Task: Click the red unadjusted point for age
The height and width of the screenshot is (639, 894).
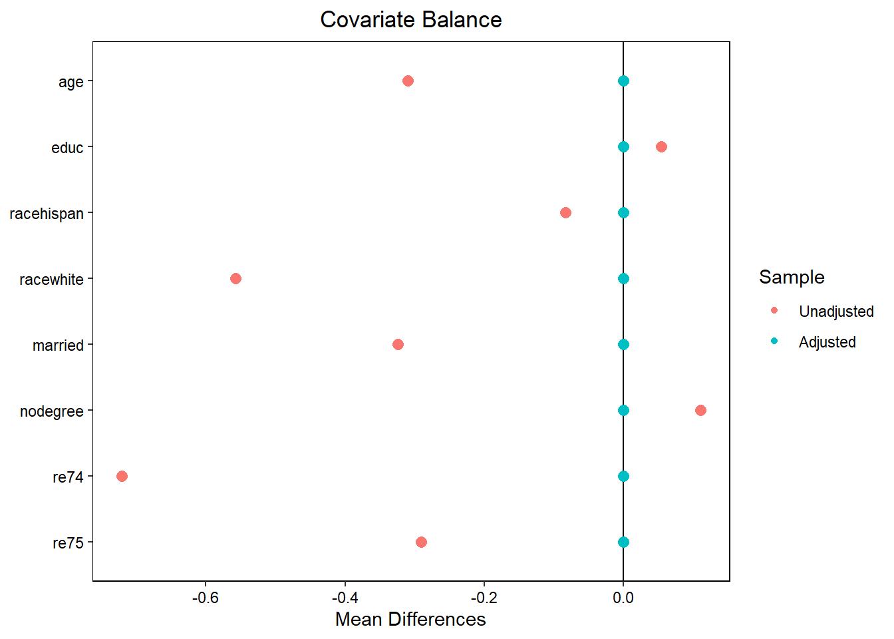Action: tap(408, 81)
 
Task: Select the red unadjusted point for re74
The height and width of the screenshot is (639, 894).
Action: tap(122, 476)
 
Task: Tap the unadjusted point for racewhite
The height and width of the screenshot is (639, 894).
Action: tap(235, 278)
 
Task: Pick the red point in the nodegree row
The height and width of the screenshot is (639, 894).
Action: tap(700, 410)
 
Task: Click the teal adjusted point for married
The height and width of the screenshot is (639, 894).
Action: tap(623, 344)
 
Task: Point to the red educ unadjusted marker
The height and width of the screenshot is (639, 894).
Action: tap(661, 146)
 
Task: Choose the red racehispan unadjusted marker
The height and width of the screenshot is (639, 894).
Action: tap(565, 212)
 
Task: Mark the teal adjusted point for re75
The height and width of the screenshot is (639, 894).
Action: tap(623, 542)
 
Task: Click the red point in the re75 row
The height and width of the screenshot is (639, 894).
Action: tap(421, 542)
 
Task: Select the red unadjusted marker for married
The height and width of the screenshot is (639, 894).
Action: tap(398, 344)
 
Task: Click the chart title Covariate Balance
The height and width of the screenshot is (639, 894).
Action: tap(410, 20)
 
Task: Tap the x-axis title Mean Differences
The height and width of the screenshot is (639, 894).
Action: tap(410, 619)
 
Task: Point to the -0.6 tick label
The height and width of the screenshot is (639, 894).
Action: tap(206, 597)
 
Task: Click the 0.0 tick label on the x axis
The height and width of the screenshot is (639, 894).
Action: tap(623, 597)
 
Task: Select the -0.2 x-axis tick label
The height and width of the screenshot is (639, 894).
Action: tap(484, 597)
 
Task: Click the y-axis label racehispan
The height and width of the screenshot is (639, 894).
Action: tap(47, 214)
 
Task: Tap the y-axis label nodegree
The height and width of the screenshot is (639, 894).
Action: tap(52, 411)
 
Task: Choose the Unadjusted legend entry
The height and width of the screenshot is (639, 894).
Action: tap(836, 312)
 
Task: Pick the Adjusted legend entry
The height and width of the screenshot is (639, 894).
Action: tap(827, 342)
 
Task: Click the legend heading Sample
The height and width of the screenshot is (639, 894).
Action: tap(792, 277)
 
